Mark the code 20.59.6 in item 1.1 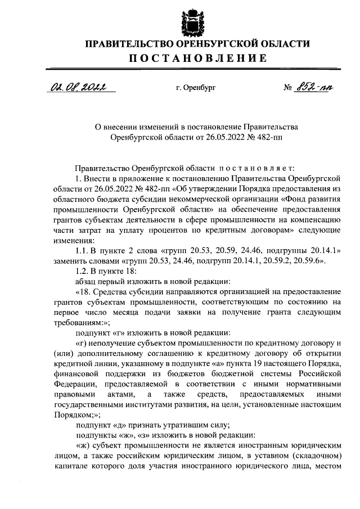pyautogui.click(x=320, y=260)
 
